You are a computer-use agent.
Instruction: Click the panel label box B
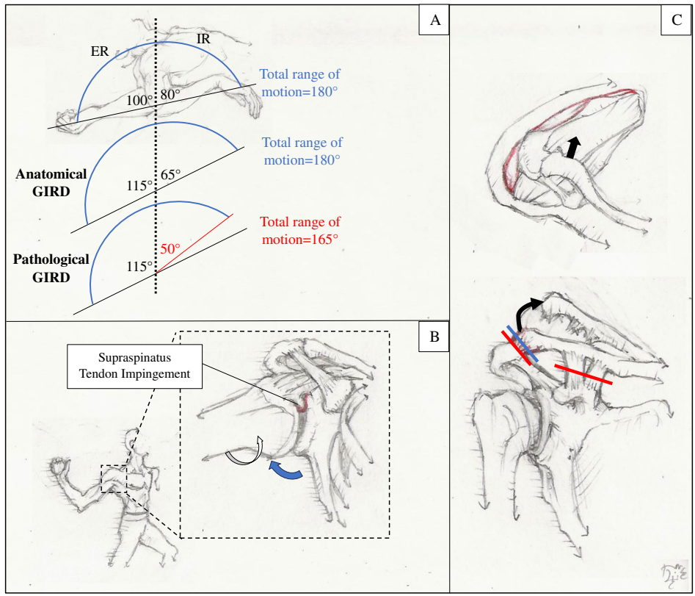[x=434, y=337]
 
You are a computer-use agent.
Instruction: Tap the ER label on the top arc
[x=100, y=53]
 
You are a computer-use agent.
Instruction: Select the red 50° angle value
[x=171, y=248]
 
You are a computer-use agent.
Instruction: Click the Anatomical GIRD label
[x=51, y=182]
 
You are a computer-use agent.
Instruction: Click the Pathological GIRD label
[x=51, y=268]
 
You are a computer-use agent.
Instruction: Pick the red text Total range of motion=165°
[x=300, y=229]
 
